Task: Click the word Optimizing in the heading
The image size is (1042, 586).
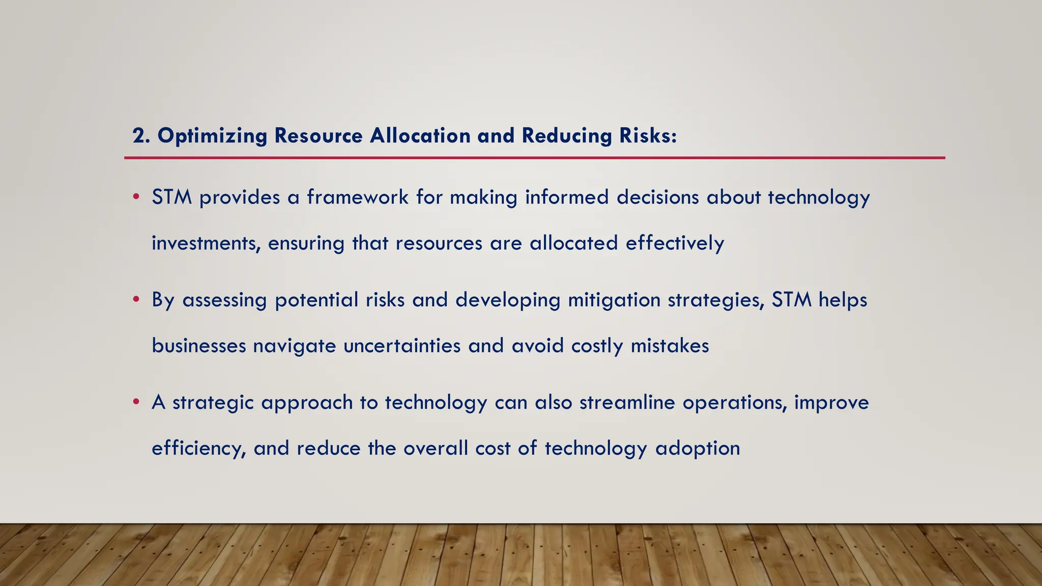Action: pos(212,136)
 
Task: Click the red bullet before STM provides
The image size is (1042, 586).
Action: pos(136,197)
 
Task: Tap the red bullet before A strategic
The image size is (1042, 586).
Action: pos(136,402)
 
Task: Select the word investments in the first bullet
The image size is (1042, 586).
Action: pos(206,243)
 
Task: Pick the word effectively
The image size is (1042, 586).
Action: pos(675,243)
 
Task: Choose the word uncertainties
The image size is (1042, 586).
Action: pos(402,346)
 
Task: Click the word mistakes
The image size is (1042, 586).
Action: pos(670,346)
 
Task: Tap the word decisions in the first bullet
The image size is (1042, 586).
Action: pos(658,197)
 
